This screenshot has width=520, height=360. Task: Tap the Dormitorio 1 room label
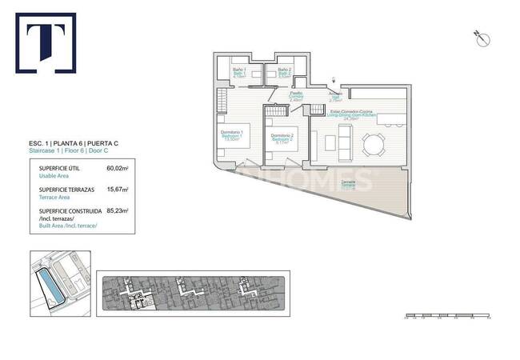231,133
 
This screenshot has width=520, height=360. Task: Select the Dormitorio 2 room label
282,136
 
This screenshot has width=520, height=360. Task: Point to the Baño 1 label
239,71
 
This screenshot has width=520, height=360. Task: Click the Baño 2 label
285,71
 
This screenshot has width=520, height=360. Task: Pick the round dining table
373,145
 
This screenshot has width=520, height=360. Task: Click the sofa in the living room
342,144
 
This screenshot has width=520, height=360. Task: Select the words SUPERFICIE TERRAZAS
67,190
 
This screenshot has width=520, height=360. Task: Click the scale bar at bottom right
446,316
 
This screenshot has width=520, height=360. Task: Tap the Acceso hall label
336,94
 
